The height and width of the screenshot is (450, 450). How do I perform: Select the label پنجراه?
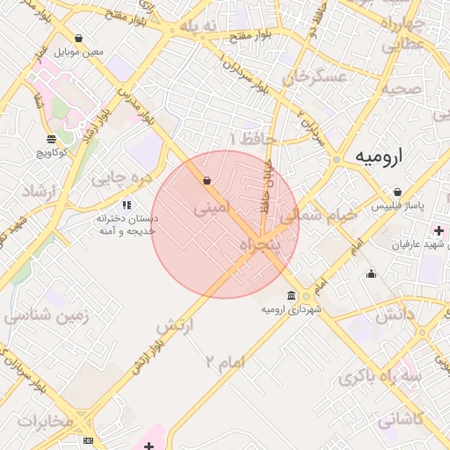tap(261, 243)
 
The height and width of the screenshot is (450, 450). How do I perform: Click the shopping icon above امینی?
tap(207, 181)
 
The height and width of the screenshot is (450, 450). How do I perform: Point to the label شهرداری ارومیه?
tap(292, 309)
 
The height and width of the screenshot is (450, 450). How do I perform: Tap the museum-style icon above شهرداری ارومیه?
tap(291, 294)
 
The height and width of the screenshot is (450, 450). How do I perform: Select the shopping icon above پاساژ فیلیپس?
tap(397, 192)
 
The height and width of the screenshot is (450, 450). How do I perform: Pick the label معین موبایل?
tap(79, 52)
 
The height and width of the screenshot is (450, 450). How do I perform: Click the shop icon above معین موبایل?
tap(79, 39)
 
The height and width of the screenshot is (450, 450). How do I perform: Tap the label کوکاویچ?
tap(52, 153)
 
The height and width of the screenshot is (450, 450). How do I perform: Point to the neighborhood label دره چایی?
tap(122, 179)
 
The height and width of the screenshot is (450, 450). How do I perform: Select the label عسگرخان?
tap(316, 77)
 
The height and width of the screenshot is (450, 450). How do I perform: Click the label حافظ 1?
tap(252, 140)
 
